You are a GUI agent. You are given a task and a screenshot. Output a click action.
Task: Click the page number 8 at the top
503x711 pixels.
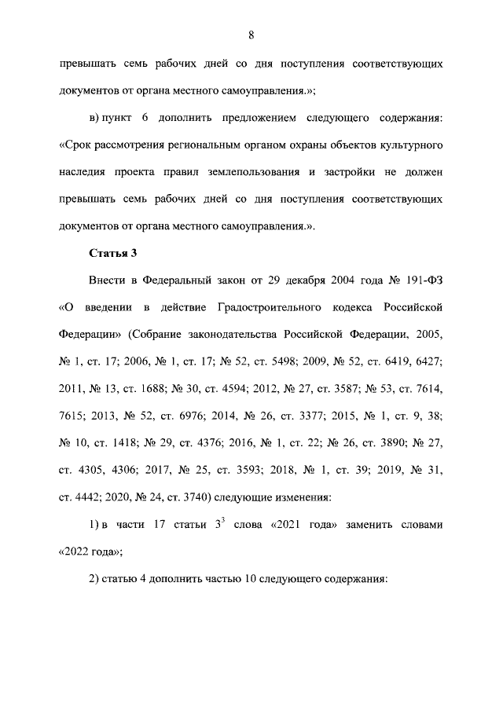tap(251, 35)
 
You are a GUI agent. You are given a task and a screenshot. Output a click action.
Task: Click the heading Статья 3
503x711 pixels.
tap(111, 252)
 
